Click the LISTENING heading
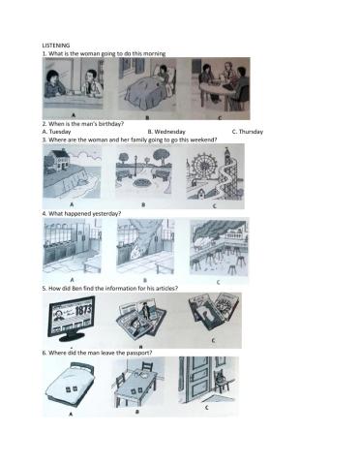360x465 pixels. coord(56,46)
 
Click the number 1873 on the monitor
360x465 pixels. coord(83,311)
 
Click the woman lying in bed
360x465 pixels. coord(163,78)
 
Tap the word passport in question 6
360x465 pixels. coord(139,353)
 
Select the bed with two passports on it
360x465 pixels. coord(71,385)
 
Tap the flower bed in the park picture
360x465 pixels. coord(142,182)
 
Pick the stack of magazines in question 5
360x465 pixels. coord(141,319)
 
